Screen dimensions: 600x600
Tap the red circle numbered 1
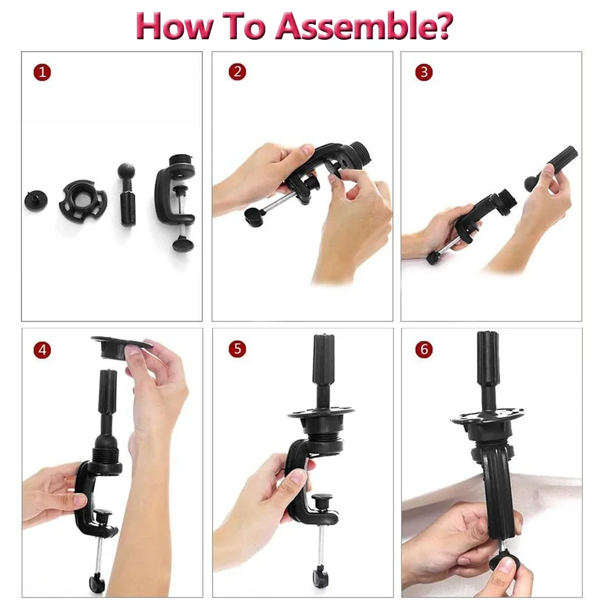[x=42, y=72]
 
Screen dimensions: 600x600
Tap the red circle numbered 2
[x=237, y=71]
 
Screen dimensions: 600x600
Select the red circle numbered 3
[x=424, y=71]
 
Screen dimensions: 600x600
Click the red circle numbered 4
[x=42, y=349]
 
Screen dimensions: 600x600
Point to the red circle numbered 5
[x=237, y=349]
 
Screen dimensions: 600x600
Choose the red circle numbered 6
[x=424, y=349]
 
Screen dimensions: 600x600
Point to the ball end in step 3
[x=530, y=184]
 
